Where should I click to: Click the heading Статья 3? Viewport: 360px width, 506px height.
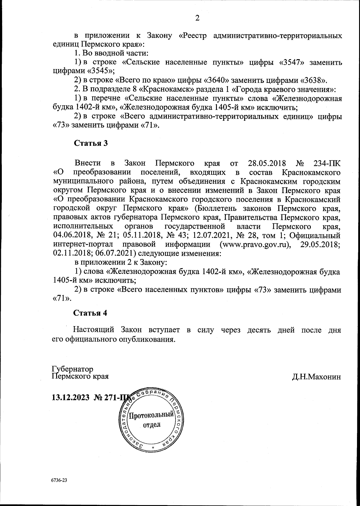pos(91,143)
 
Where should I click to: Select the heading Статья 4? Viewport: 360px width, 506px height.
pos(90,313)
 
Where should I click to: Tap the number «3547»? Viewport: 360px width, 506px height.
pos(291,63)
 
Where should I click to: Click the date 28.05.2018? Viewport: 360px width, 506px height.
pos(268,164)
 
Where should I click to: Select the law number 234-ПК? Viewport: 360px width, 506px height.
pos(327,164)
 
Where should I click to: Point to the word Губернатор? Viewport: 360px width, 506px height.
pos(72,369)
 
